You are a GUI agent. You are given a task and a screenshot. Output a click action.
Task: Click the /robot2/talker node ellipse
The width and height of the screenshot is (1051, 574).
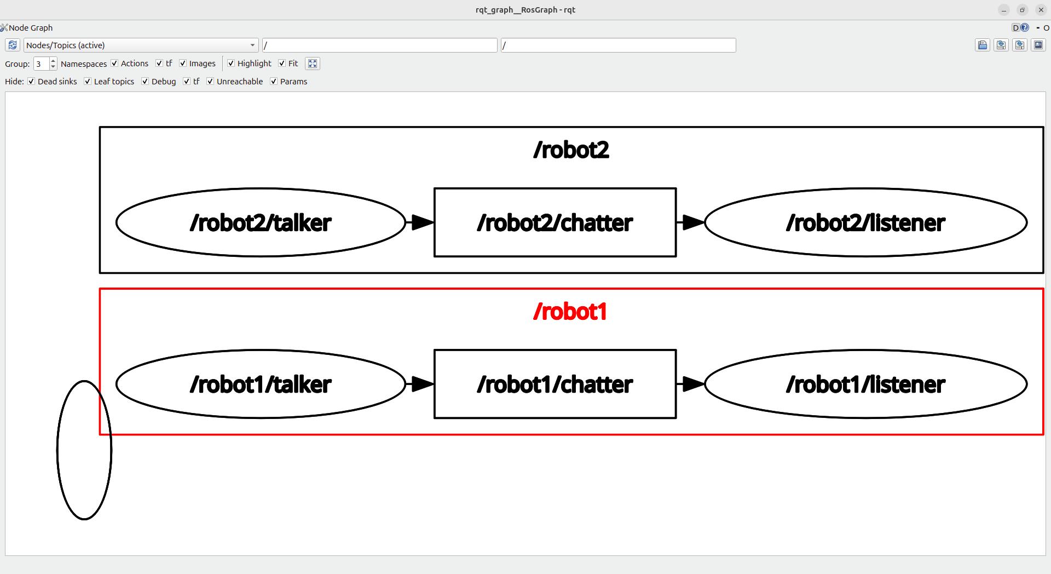point(261,222)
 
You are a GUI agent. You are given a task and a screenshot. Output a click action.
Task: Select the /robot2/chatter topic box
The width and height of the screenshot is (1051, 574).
point(555,222)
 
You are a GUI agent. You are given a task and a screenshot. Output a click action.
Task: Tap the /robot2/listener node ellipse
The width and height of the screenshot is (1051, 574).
point(865,222)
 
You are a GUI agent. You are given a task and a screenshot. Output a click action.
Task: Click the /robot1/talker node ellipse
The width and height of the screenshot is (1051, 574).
point(261,384)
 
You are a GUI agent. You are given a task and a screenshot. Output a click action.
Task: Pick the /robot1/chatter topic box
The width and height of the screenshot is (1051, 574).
point(555,384)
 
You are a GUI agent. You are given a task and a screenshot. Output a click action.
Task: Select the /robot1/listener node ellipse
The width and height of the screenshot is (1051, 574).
point(865,384)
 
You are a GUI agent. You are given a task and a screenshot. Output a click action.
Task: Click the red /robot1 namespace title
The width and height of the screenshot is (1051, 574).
point(570,312)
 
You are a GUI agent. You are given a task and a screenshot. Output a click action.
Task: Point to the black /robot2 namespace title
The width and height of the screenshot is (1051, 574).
point(571,150)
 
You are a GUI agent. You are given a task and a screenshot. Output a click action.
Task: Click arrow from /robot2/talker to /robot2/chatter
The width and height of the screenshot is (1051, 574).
point(420,222)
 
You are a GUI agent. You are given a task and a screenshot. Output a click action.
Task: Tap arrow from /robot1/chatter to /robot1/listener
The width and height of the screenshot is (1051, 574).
point(690,384)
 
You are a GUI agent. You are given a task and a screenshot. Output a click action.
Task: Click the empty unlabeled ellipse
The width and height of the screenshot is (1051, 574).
point(84,450)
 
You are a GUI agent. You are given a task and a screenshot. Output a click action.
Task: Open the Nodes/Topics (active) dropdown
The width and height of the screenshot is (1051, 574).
point(141,45)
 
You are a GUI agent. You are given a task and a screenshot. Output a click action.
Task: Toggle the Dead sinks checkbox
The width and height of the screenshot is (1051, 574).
point(31,82)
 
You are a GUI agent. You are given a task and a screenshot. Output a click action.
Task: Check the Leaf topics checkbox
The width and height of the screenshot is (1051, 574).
point(88,82)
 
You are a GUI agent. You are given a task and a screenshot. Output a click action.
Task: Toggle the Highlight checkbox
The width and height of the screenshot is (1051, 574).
point(231,64)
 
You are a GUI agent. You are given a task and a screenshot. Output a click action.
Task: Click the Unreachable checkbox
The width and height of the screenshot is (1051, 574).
point(210,82)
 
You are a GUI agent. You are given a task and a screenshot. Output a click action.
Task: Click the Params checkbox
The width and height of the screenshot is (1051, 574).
point(274,82)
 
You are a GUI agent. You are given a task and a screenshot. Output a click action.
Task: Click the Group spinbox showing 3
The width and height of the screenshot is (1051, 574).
point(41,64)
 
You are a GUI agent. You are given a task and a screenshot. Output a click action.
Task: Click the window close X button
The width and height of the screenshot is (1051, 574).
point(1041,10)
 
